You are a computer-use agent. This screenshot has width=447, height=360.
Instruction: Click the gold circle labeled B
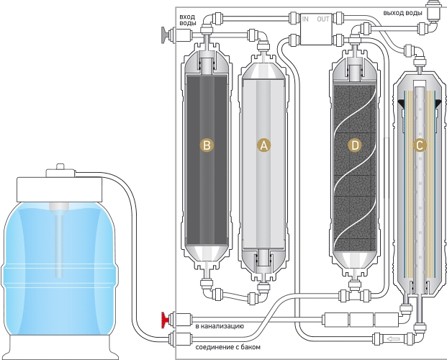207,145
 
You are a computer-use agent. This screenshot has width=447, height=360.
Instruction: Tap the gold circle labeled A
264,145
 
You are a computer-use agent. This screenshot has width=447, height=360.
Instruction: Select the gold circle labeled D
355,145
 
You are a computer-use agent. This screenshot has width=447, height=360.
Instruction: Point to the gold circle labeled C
420,145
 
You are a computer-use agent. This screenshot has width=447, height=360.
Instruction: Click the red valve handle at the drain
165,320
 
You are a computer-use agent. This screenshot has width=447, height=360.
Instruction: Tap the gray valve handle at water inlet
165,35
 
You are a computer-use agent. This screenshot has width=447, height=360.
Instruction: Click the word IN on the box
305,19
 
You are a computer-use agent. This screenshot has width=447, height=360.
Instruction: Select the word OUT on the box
323,19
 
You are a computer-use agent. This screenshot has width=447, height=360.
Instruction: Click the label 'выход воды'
402,13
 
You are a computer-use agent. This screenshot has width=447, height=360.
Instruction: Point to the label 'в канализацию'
220,325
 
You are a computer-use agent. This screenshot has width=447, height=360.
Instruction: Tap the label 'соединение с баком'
227,347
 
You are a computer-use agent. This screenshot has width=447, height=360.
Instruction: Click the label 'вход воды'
188,20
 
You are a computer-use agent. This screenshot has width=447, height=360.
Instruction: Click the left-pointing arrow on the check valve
393,339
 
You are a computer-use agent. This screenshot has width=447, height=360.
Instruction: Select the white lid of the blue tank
59,189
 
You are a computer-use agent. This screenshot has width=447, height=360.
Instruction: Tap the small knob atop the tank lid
60,166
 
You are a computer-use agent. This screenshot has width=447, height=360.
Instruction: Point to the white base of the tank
60,347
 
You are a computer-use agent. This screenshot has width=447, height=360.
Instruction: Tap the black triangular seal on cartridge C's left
402,104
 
